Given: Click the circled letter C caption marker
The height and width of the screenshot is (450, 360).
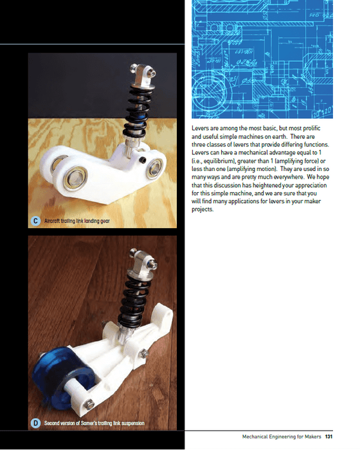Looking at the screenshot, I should [x=36, y=221].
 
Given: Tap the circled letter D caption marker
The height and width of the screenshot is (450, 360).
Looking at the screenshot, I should [x=36, y=423].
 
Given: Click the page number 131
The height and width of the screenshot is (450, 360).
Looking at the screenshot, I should [x=328, y=437].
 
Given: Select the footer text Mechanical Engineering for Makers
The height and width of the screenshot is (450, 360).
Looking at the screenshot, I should [x=282, y=437].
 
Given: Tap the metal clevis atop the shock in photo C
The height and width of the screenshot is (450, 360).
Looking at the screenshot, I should [x=139, y=73].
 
